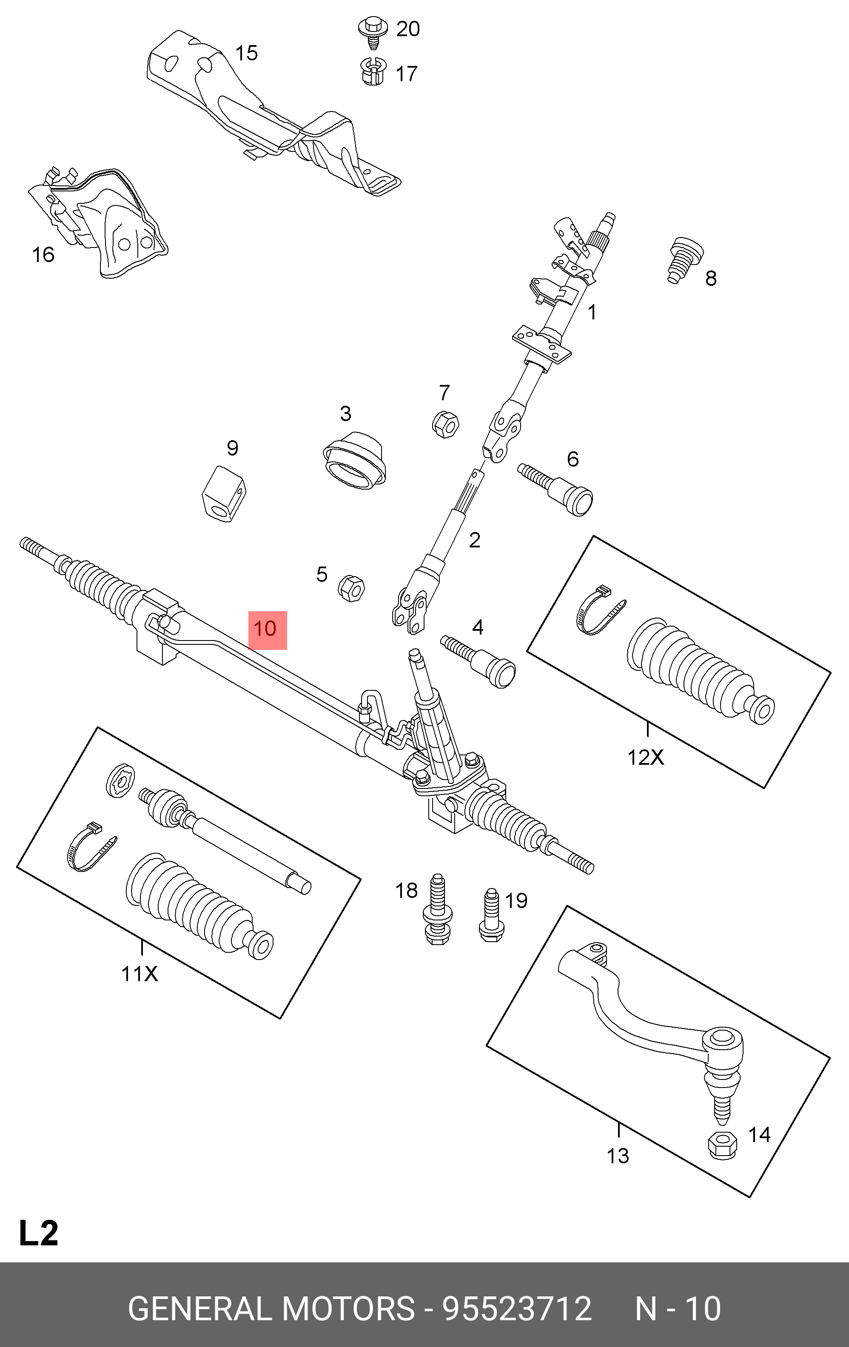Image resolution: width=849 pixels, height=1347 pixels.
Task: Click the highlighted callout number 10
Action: coord(267,629)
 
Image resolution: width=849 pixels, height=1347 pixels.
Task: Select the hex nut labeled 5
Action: coord(351,588)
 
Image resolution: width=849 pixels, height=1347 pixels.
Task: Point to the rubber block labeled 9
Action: coord(224,494)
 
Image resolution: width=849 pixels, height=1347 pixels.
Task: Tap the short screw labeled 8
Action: coord(684,260)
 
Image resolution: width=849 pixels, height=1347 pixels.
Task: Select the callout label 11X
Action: coord(140,974)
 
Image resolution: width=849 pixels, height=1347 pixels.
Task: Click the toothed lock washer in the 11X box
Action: coord(120,779)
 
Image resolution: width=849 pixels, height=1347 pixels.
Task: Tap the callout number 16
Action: coord(43,255)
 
